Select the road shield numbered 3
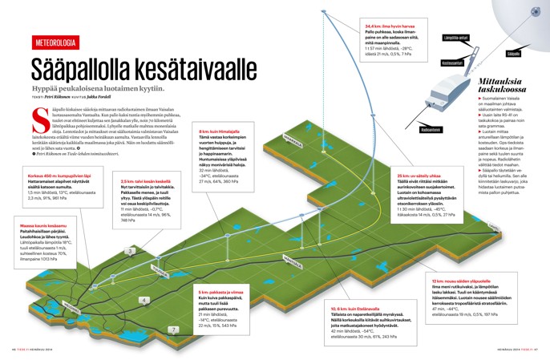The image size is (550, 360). point(129,251)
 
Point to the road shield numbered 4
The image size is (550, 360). point(144,301)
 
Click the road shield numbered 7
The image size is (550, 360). point(173,330)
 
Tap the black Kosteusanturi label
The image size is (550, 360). point(452,63)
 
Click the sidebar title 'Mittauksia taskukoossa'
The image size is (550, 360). point(502,87)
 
